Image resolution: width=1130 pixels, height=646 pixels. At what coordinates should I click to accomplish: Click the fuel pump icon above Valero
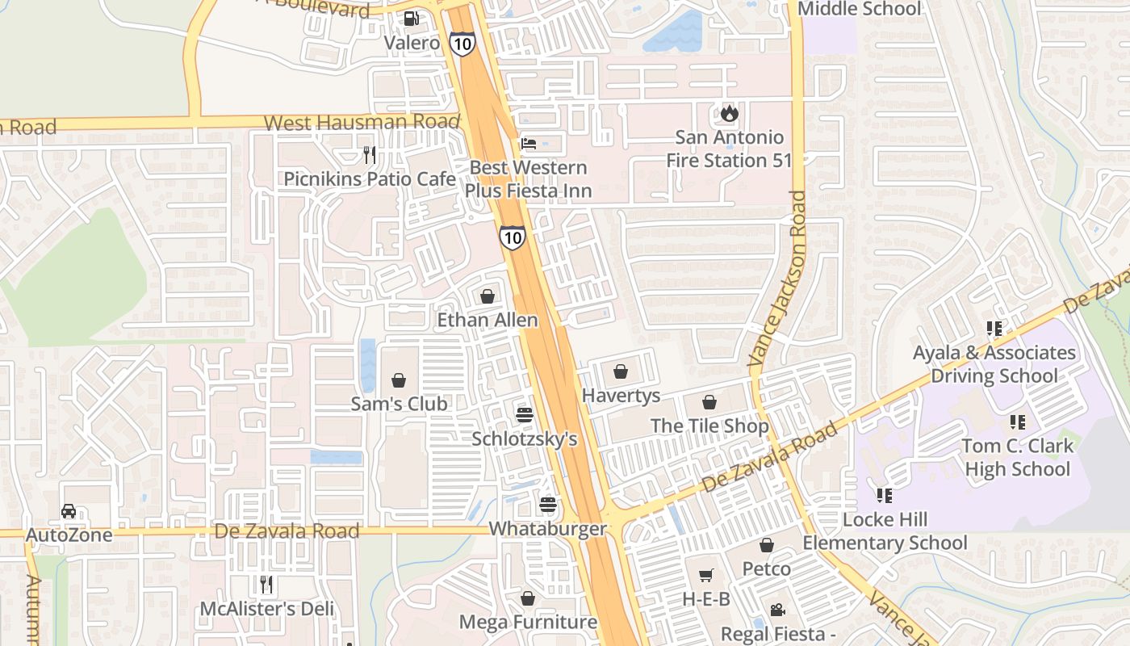pos(412,18)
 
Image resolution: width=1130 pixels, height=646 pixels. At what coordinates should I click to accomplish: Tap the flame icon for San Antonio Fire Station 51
pos(730,113)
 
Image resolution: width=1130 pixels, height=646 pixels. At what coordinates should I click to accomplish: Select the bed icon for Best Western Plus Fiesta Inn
pos(529,144)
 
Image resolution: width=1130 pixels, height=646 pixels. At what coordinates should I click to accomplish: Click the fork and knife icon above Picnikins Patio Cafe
pos(370,154)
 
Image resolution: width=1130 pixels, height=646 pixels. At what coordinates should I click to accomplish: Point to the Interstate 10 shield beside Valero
pos(462,43)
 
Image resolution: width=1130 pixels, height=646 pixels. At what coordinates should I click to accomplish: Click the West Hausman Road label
pos(362,124)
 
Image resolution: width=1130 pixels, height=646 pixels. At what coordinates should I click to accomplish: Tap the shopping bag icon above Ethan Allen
pos(488,296)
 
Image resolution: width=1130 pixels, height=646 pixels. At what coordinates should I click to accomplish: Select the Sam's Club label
pos(399,404)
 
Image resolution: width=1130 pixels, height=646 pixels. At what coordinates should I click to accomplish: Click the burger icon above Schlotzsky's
pos(525,415)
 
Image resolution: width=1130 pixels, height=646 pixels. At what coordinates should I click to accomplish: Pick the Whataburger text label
pos(548,530)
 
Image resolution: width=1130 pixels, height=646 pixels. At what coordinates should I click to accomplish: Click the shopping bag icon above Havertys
pos(621,371)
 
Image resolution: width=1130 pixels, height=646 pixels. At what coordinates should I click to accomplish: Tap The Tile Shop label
pos(709,426)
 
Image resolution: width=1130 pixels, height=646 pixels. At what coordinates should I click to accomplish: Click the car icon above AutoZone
pos(69,511)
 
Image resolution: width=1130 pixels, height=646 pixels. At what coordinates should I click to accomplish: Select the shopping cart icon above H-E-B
pos(706,575)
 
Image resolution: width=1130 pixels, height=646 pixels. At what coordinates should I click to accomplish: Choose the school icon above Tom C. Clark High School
pos(1017,422)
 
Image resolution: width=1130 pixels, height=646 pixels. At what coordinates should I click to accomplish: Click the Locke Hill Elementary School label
pos(885,531)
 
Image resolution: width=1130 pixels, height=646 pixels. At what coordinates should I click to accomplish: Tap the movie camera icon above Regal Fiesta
pos(777,610)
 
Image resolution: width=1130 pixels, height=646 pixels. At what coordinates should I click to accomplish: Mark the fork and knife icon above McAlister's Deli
pos(266,584)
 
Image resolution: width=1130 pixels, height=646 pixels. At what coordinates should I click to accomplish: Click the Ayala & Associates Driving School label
pos(994,364)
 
